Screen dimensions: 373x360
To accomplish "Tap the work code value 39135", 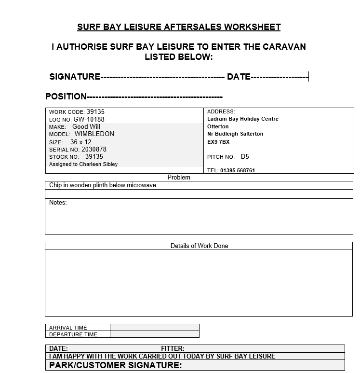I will pos(95,111).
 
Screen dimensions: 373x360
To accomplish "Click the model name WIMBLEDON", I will pos(94,134).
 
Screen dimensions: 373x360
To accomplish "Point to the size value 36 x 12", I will pos(80,142).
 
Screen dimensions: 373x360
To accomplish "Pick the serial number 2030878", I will pos(94,150).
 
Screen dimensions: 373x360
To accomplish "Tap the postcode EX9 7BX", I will pos(218,142).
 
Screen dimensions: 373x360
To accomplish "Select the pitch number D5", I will pos(245,156).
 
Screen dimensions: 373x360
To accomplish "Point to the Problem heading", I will pos(179,177).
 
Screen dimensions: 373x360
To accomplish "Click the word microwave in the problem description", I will pos(141,185).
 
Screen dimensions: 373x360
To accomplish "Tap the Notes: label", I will pos(58,203).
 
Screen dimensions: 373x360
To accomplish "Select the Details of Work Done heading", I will pos(199,246).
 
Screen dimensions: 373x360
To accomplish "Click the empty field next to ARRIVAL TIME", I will pos(154,327).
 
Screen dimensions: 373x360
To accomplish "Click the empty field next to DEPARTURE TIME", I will pos(154,334).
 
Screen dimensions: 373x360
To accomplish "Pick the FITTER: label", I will pos(173,348).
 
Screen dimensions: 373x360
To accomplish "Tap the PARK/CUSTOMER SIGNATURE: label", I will pos(116,365).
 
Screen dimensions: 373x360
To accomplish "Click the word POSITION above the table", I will pos(66,97).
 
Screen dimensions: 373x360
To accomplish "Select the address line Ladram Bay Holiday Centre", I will pos(243,119).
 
